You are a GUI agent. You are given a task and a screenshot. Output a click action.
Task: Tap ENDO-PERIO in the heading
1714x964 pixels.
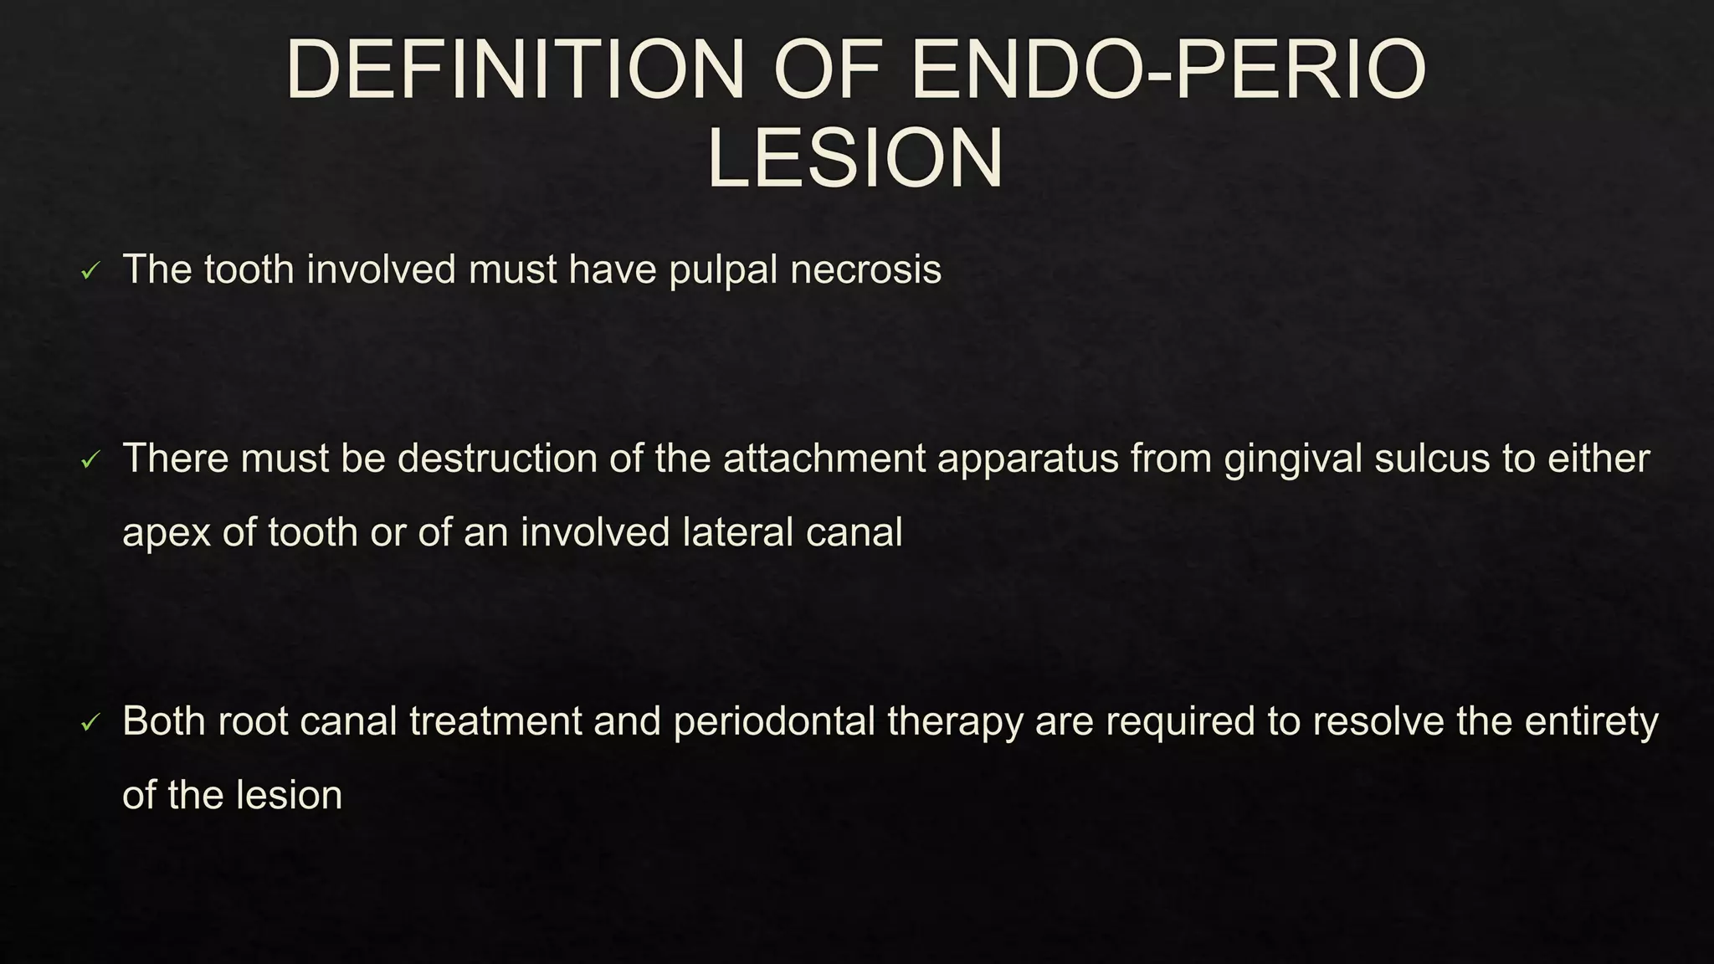1167,70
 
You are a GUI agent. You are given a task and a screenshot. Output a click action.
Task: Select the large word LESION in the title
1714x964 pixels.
854,159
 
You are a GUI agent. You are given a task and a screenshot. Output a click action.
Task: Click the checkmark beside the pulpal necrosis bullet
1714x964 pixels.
90,271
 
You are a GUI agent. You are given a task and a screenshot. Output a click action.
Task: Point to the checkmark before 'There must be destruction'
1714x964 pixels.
90,459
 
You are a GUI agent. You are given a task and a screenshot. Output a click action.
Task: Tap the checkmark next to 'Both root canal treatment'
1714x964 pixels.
90,722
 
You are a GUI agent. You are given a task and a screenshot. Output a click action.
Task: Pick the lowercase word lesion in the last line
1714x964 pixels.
290,795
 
